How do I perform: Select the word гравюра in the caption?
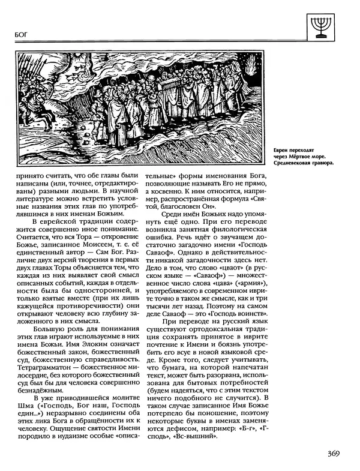point(321,163)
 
